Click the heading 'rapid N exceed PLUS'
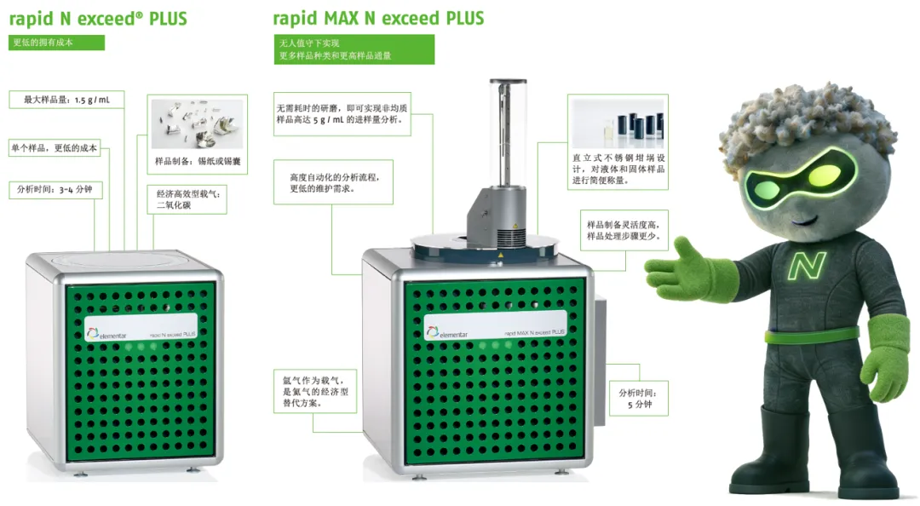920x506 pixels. (98, 19)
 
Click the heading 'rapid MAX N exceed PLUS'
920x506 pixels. (378, 19)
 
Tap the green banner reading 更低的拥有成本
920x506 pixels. (56, 43)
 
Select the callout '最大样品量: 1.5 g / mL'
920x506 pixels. (66, 100)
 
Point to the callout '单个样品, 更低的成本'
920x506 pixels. (55, 148)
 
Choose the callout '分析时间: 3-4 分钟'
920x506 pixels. (55, 190)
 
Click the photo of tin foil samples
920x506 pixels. (197, 124)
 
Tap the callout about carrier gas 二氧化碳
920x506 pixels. (187, 199)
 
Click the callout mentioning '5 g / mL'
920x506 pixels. (342, 114)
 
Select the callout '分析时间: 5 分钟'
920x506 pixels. (638, 399)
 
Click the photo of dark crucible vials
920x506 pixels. (618, 124)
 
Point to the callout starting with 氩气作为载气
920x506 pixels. (315, 392)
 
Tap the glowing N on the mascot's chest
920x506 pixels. (807, 265)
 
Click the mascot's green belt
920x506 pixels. (812, 336)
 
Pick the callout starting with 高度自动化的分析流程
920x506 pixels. (333, 182)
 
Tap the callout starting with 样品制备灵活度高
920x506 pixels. (624, 230)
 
